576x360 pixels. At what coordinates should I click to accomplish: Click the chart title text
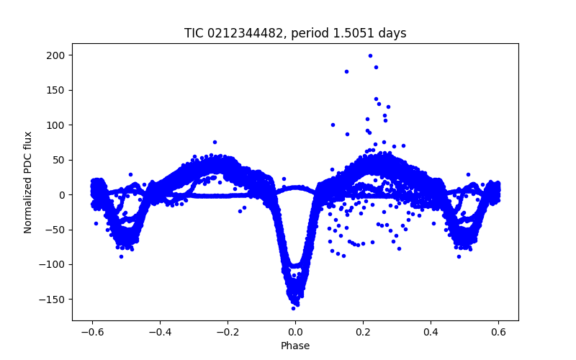pyautogui.click(x=295, y=33)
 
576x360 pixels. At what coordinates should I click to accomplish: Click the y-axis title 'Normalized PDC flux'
pyautogui.click(x=28, y=182)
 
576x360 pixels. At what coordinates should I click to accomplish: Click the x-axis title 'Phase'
pyautogui.click(x=295, y=346)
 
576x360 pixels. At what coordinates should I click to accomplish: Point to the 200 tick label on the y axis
pyautogui.click(x=58, y=55)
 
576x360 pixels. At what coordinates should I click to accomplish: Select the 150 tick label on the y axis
pyautogui.click(x=58, y=90)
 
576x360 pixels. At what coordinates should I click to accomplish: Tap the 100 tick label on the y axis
pyautogui.click(x=58, y=125)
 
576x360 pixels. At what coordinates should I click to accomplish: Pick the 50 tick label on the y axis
pyautogui.click(x=60, y=160)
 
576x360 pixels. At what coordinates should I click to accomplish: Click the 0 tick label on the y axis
pyautogui.click(x=63, y=195)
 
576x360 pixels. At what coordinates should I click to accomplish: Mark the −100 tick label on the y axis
pyautogui.click(x=55, y=264)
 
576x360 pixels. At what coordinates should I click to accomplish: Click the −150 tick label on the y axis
pyautogui.click(x=55, y=300)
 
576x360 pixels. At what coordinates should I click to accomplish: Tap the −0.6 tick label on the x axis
pyautogui.click(x=92, y=332)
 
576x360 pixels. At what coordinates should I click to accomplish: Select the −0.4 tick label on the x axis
pyautogui.click(x=160, y=332)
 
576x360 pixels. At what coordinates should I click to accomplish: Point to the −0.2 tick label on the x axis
pyautogui.click(x=228, y=332)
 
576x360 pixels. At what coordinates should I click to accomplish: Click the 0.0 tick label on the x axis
pyautogui.click(x=295, y=332)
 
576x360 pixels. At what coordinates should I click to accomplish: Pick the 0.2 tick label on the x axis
pyautogui.click(x=363, y=332)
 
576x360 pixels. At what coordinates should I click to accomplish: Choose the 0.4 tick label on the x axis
pyautogui.click(x=431, y=332)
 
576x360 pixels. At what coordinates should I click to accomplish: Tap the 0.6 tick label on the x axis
pyautogui.click(x=498, y=332)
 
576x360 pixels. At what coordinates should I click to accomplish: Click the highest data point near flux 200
pyautogui.click(x=370, y=55)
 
